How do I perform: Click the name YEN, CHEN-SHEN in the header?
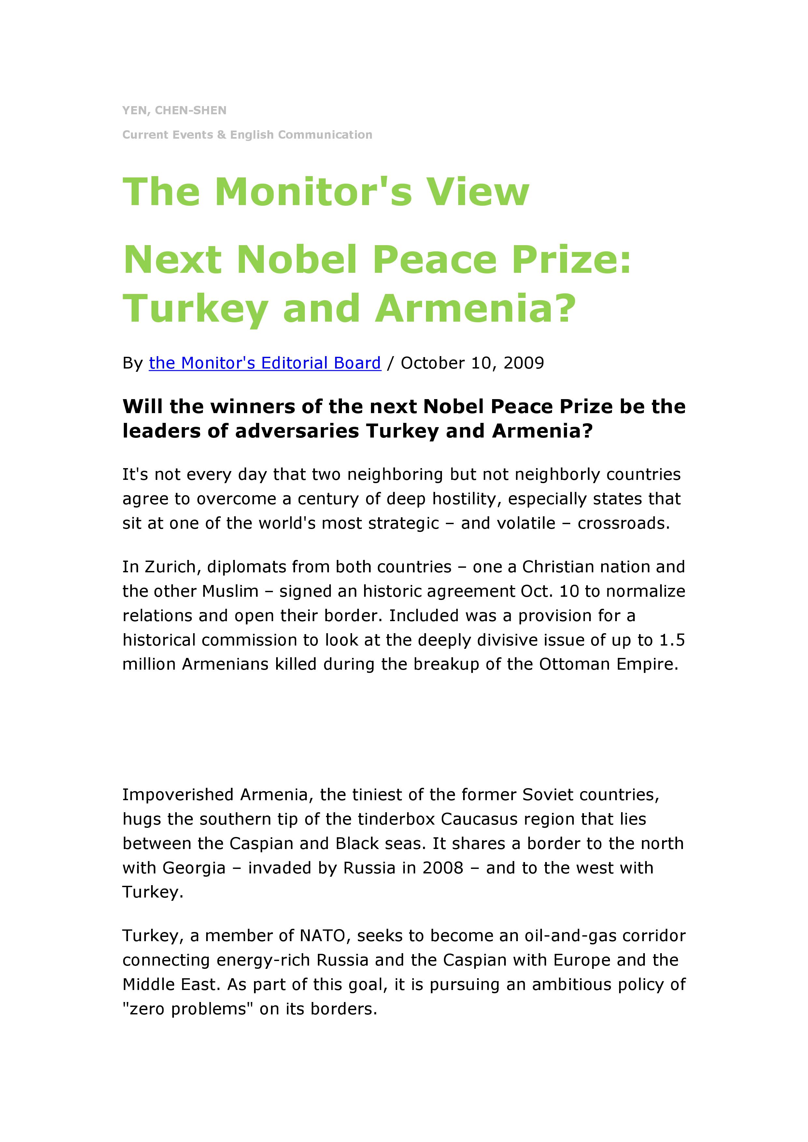174,110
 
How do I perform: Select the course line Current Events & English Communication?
247,135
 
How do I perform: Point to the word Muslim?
230,592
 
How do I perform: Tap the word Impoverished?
178,795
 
